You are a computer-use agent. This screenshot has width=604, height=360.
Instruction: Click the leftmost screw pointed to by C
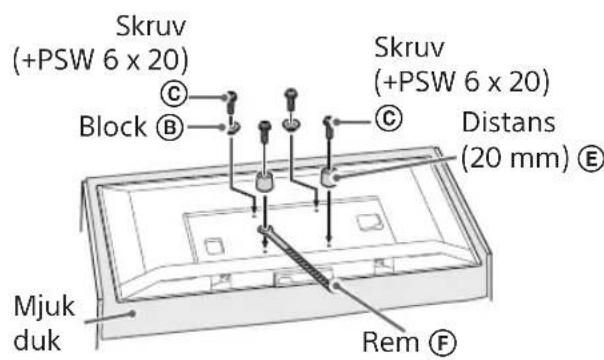pyautogui.click(x=230, y=101)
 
